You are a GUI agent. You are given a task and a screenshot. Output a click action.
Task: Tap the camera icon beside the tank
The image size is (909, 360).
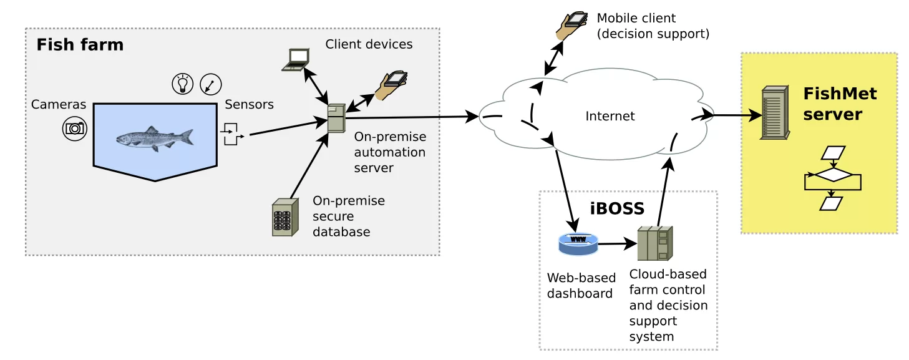(x=74, y=129)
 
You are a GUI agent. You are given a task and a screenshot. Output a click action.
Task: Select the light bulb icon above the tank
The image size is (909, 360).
(x=182, y=84)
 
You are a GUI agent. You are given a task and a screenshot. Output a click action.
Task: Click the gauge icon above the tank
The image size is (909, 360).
(x=211, y=84)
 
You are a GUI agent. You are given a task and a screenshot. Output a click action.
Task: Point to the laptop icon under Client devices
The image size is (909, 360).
(x=296, y=60)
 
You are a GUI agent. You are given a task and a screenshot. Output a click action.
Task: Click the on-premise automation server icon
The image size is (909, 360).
(x=336, y=118)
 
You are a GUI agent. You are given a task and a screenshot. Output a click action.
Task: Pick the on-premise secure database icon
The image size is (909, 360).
(x=283, y=217)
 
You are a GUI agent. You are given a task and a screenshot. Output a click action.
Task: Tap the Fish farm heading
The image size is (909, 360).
(x=80, y=45)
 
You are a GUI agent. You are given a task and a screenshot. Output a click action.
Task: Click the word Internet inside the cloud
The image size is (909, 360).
(x=610, y=116)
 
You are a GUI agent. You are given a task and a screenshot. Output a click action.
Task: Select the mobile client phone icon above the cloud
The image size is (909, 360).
(x=573, y=25)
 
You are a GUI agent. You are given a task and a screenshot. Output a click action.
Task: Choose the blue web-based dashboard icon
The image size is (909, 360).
(x=577, y=243)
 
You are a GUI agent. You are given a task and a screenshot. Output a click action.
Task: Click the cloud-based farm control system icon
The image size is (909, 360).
(x=654, y=243)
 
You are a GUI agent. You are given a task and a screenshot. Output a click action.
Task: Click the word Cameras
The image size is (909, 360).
(x=59, y=105)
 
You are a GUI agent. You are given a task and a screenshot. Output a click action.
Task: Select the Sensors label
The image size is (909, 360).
(x=249, y=105)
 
